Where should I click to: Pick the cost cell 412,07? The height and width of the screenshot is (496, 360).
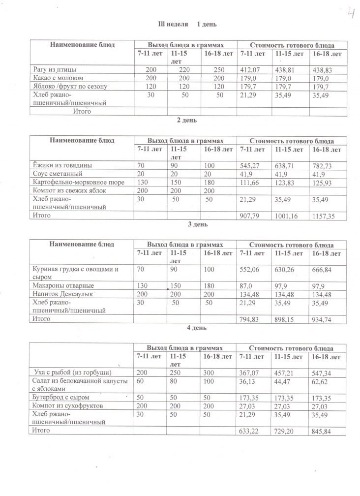(249, 70)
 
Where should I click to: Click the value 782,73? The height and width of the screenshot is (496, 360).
(323, 165)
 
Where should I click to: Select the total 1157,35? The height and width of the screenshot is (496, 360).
(325, 216)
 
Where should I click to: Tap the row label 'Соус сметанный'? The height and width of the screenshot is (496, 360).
(57, 174)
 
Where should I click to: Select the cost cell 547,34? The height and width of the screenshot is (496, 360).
(323, 372)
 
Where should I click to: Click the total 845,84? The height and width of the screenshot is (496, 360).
(323, 431)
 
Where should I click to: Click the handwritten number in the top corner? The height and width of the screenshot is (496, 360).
(351, 13)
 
